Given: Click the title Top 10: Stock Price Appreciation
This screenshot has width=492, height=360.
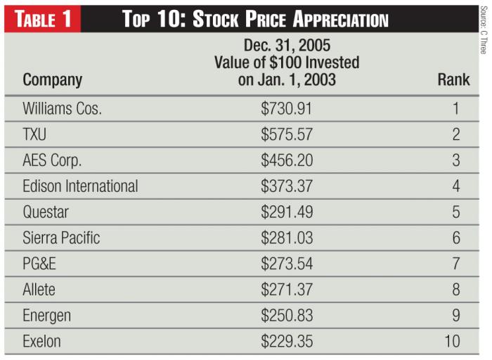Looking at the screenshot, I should click(255, 18).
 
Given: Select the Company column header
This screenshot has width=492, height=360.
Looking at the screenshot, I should click(53, 80).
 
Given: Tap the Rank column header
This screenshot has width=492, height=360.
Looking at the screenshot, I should click(453, 80).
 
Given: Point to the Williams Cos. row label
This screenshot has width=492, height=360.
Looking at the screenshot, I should click(63, 109).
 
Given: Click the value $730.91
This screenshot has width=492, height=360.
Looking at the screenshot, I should click(287, 109).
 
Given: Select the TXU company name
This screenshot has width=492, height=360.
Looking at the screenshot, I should click(35, 134).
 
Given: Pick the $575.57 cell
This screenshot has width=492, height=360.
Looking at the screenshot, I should click(287, 134).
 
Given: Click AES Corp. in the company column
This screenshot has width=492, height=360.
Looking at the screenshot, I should click(52, 160).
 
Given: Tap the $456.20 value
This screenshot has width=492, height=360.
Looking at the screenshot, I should click(287, 160).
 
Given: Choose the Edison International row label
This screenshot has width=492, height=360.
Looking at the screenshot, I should click(80, 186).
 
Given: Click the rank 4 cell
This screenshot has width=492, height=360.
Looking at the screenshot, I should click(455, 186).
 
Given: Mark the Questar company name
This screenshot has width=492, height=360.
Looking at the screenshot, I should click(46, 212).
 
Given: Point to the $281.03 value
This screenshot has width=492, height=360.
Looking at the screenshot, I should click(287, 238).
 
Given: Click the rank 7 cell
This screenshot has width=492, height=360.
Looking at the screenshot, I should click(455, 264).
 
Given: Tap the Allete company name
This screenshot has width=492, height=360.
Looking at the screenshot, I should click(39, 290).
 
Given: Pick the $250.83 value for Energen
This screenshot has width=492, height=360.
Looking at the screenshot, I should click(287, 316).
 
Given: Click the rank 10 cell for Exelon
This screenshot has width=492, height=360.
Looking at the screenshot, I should click(452, 342).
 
